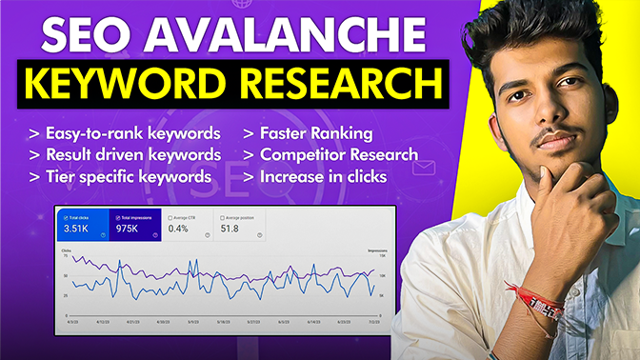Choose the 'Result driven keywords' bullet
coord(126,153)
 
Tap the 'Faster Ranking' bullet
coord(308,132)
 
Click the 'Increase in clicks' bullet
coord(318,175)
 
